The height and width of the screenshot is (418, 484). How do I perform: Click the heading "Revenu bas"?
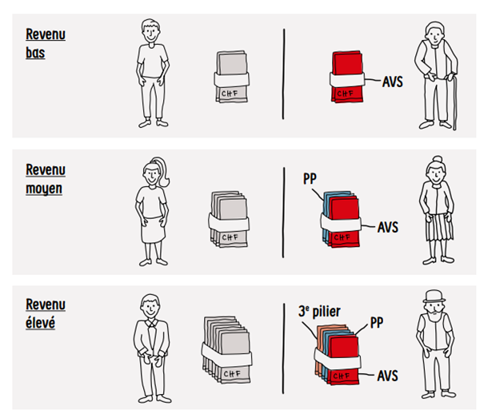[46, 43]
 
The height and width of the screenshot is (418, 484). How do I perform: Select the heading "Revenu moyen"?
[46, 179]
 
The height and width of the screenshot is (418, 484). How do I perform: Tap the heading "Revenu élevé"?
[46, 314]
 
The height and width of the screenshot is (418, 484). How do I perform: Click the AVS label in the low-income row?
[393, 82]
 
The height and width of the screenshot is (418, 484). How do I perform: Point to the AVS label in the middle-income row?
[388, 227]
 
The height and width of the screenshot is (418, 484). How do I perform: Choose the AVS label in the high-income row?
[388, 376]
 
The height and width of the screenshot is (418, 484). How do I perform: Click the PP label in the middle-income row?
[310, 179]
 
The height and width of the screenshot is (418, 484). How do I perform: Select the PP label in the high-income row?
[377, 323]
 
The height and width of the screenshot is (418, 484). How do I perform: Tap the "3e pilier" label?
[319, 312]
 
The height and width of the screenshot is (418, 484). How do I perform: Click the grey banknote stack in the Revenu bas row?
[231, 77]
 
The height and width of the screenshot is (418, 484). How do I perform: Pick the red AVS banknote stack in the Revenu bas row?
[347, 77]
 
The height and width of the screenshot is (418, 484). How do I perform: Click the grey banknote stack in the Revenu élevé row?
[227, 349]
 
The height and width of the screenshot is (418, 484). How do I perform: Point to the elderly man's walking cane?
[454, 102]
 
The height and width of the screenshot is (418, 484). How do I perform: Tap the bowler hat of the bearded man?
[434, 297]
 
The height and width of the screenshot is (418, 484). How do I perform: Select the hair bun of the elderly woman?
[438, 160]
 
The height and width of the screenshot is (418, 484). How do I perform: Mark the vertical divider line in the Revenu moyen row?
[283, 213]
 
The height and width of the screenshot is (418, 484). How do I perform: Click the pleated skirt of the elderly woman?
[439, 227]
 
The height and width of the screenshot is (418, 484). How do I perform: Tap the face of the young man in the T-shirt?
[151, 33]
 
